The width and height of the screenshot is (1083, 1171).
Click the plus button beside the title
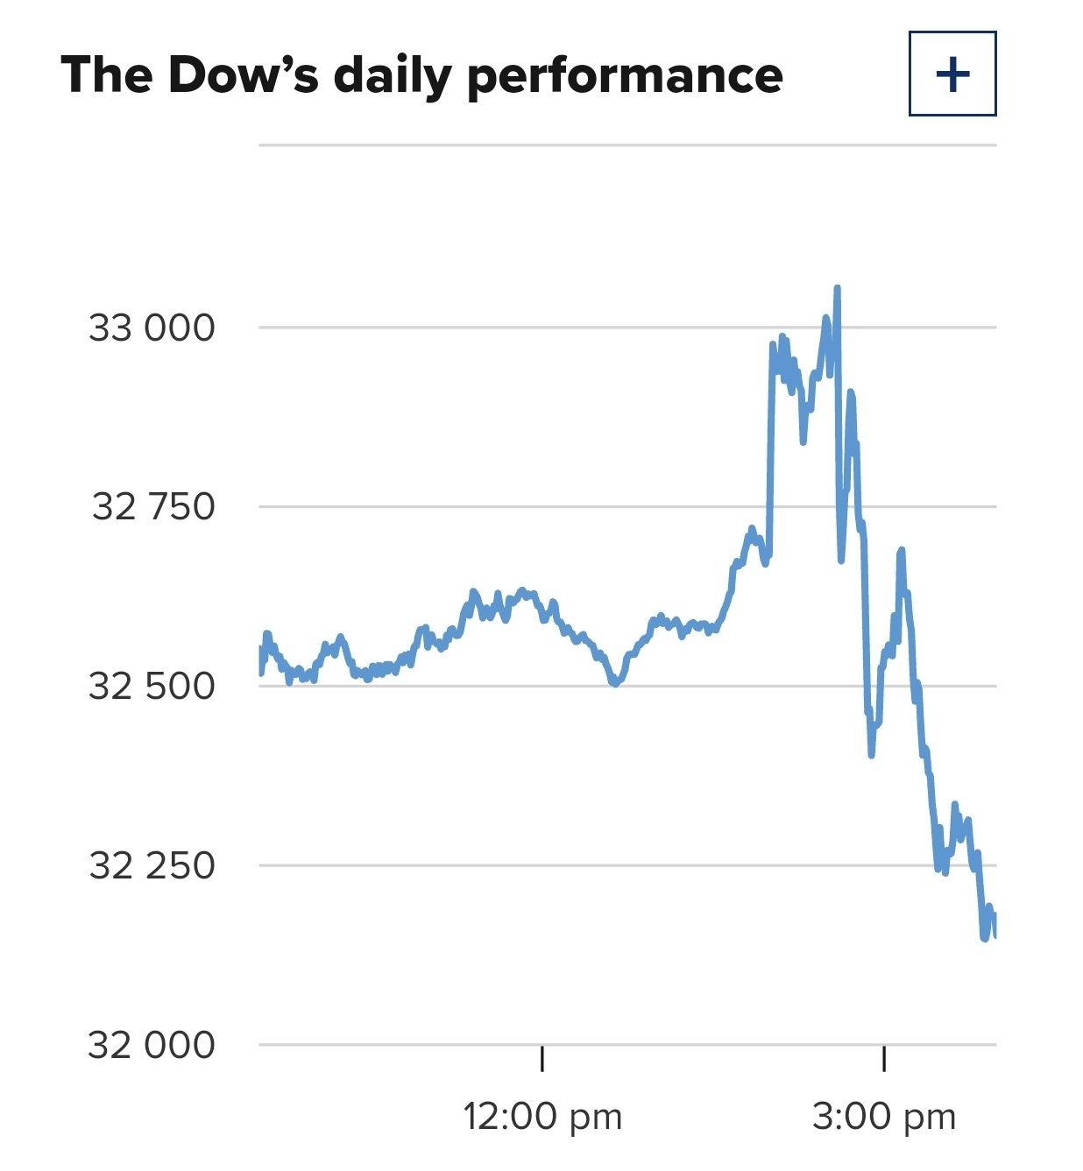click(x=952, y=74)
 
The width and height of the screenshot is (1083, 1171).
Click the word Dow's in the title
click(x=243, y=74)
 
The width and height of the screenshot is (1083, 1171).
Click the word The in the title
click(x=106, y=74)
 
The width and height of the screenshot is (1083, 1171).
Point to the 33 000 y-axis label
click(x=152, y=328)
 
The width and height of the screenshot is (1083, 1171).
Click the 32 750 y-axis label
click(x=152, y=506)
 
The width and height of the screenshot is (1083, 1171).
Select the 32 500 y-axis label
click(x=152, y=686)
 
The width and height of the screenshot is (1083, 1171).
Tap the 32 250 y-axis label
click(x=152, y=865)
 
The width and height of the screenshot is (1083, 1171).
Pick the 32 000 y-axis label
click(x=151, y=1045)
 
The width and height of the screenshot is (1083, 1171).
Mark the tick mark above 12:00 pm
click(x=542, y=1058)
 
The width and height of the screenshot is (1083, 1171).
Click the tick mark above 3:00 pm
click(x=883, y=1058)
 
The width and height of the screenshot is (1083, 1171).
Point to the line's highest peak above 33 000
click(x=837, y=288)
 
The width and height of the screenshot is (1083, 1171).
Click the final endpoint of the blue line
click(x=995, y=935)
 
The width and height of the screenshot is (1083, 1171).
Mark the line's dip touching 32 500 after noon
click(x=615, y=683)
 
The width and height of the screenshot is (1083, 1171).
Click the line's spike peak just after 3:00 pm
click(x=901, y=551)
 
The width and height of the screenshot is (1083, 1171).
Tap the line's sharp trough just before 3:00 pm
click(x=872, y=754)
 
